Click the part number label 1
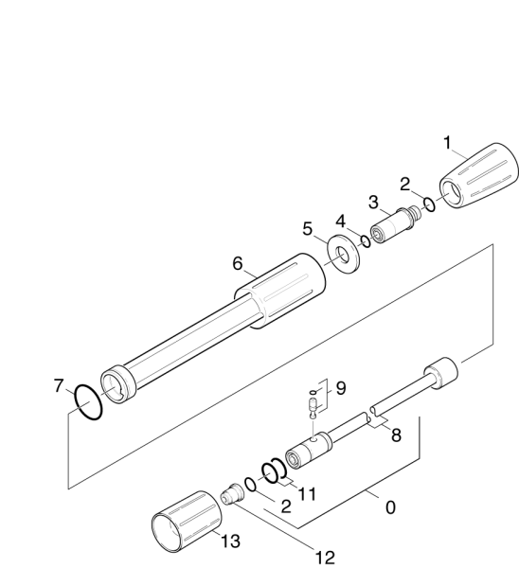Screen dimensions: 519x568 448,143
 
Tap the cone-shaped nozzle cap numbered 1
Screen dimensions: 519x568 479,176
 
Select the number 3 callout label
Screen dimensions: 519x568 373,203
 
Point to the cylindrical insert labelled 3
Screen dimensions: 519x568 396,225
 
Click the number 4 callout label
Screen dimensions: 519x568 341,222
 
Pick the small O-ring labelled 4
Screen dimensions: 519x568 366,241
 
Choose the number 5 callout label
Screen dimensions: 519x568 308,229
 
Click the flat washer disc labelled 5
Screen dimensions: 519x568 343,255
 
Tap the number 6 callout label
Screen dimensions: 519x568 238,263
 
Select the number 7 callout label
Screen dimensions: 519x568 59,386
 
